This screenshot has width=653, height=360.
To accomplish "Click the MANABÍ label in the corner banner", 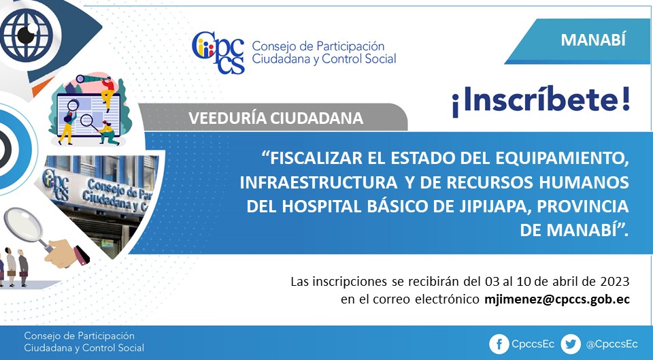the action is pyautogui.click(x=593, y=40).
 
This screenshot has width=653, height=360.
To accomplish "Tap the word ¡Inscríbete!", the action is pyautogui.click(x=541, y=101).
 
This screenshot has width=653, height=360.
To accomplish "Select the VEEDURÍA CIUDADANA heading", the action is pyautogui.click(x=275, y=118).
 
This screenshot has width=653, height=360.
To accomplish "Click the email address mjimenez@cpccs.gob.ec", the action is pyautogui.click(x=557, y=299).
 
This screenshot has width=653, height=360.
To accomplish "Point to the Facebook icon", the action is pyautogui.click(x=499, y=344).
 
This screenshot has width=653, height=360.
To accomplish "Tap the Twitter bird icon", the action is pyautogui.click(x=570, y=344).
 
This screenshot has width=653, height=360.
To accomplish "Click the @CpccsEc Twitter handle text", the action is pyautogui.click(x=612, y=344).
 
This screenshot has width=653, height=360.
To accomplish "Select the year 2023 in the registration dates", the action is pyautogui.click(x=615, y=281).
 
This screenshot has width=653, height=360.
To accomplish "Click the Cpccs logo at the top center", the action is pyautogui.click(x=218, y=52).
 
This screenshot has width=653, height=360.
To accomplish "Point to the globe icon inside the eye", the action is pyautogui.click(x=27, y=35).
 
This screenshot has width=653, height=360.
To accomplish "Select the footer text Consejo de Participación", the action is pyautogui.click(x=79, y=336).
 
